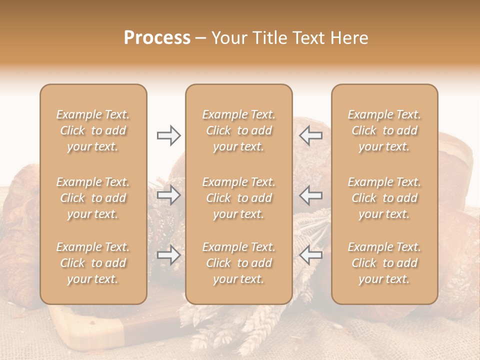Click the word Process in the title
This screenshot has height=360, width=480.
coord(157,38)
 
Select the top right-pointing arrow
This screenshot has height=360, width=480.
coord(168,135)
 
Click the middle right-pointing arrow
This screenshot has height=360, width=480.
coord(168,195)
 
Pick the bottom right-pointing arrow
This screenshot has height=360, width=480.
coord(168,255)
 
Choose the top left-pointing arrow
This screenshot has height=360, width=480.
coord(311,135)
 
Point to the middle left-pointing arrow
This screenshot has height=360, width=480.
coord(311,195)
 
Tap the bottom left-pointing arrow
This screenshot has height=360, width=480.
coord(311,255)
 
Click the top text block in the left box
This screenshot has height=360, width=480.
coord(93,130)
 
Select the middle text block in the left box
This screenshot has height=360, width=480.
coord(93,198)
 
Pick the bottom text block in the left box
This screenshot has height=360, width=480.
coord(93,263)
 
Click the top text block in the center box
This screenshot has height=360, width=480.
coord(239,130)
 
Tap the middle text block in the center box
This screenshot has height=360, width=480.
coord(239,198)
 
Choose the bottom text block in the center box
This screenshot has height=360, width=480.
coord(239,263)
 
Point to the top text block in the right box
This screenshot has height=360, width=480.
coord(384,130)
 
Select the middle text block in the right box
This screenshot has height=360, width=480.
coord(384,198)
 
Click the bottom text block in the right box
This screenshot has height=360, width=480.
coord(384,263)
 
